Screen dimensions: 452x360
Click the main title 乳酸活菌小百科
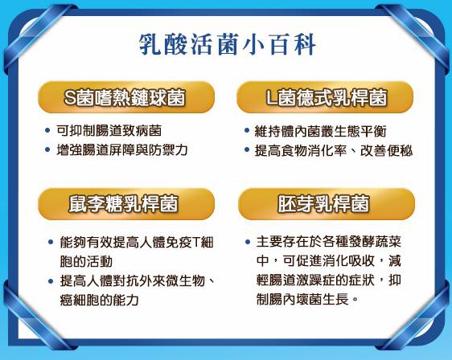click(228, 45)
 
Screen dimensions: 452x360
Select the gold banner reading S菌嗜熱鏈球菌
click(126, 97)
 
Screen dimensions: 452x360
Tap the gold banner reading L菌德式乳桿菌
click(325, 97)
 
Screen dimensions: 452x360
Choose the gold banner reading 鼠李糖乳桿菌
click(126, 204)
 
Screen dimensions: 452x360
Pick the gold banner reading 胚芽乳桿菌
click(327, 204)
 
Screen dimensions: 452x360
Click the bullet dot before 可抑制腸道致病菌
click(47, 130)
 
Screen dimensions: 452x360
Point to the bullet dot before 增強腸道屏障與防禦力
click(47, 149)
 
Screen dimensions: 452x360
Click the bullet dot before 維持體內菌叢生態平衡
click(247, 130)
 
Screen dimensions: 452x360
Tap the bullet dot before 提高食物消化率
click(247, 149)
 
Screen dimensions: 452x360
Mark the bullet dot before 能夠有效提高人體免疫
click(51, 242)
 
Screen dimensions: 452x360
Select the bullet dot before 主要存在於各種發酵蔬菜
click(248, 242)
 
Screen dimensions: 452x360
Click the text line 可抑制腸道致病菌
click(109, 131)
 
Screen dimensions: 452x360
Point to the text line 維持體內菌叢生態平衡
click(320, 131)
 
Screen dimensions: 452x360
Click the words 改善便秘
click(387, 150)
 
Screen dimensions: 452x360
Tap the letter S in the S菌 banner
click(70, 97)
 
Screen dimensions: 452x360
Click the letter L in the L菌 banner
click(271, 97)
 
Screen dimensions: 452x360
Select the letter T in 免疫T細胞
click(196, 242)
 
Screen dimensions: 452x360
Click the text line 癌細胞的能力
click(100, 300)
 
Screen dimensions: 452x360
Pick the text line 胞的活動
click(86, 261)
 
